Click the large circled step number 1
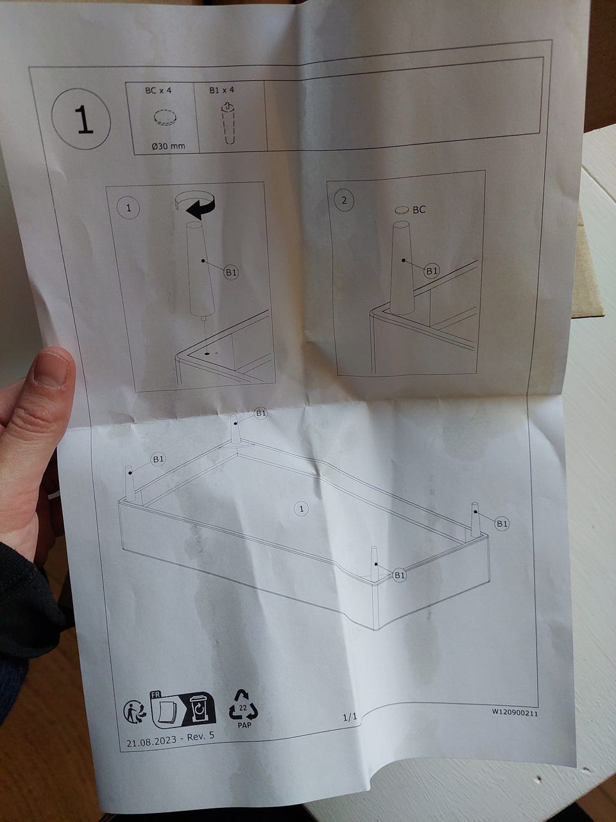[81, 119]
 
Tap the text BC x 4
[158, 91]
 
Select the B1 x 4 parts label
[222, 90]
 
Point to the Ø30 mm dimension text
[168, 146]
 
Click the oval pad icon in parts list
[165, 118]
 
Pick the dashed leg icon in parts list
[228, 123]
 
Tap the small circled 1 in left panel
[129, 208]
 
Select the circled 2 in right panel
[344, 201]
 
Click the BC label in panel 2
[419, 210]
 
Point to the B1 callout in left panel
[231, 272]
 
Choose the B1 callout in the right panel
[432, 271]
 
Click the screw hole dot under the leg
[207, 353]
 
